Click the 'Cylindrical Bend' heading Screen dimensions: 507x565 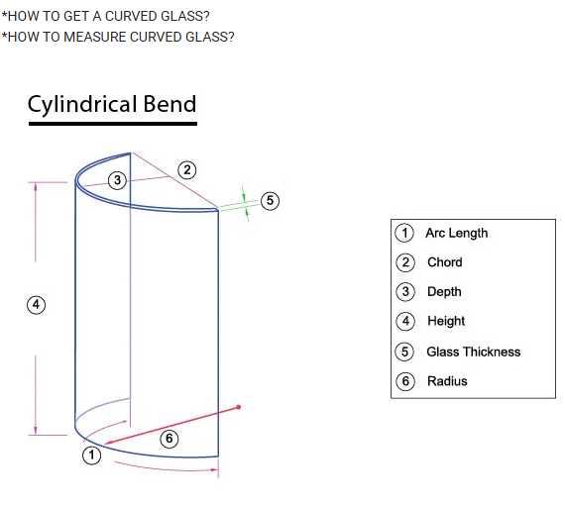point(112,104)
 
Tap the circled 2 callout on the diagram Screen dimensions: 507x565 point(185,168)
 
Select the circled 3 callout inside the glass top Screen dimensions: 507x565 point(117,180)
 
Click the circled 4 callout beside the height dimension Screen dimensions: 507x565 point(36,305)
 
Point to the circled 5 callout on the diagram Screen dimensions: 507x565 point(269,201)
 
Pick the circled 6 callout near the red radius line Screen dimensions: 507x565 point(169,439)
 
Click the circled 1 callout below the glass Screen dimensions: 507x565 point(91,456)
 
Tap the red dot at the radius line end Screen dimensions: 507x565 point(239,407)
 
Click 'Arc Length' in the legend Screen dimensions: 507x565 point(456,233)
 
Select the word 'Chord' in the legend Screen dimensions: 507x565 point(444,262)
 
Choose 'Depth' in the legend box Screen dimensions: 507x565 point(444,292)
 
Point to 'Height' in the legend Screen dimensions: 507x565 point(446,321)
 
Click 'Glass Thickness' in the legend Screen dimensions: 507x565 point(473,352)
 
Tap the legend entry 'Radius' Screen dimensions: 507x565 point(446,381)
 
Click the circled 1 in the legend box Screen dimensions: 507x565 point(404,234)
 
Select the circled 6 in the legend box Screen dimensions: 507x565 point(404,381)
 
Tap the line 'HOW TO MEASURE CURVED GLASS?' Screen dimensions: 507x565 point(118,38)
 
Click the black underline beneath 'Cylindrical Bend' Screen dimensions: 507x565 point(112,124)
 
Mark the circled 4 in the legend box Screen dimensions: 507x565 point(404,322)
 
